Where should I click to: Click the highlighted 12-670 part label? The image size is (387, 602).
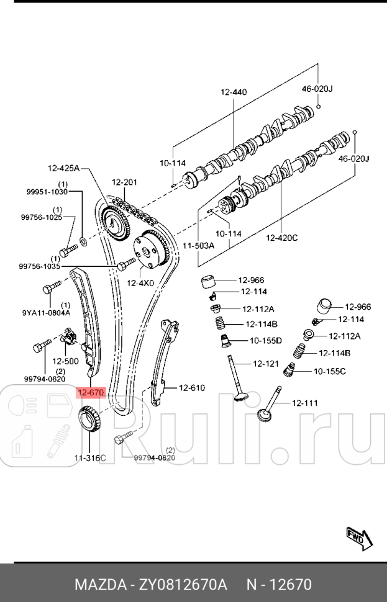[91, 392]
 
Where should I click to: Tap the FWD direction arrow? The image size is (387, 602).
[360, 539]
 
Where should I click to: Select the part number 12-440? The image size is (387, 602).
[233, 92]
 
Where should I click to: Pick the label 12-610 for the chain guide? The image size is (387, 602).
[191, 388]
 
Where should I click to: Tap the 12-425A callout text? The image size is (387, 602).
[65, 168]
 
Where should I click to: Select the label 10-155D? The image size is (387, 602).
[266, 340]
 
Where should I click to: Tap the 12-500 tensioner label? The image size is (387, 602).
[65, 361]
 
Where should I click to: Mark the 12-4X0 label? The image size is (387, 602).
[140, 284]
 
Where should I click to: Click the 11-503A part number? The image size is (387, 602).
[198, 246]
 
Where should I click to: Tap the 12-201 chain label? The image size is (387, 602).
[124, 182]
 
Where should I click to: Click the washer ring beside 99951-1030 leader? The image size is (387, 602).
[83, 239]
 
